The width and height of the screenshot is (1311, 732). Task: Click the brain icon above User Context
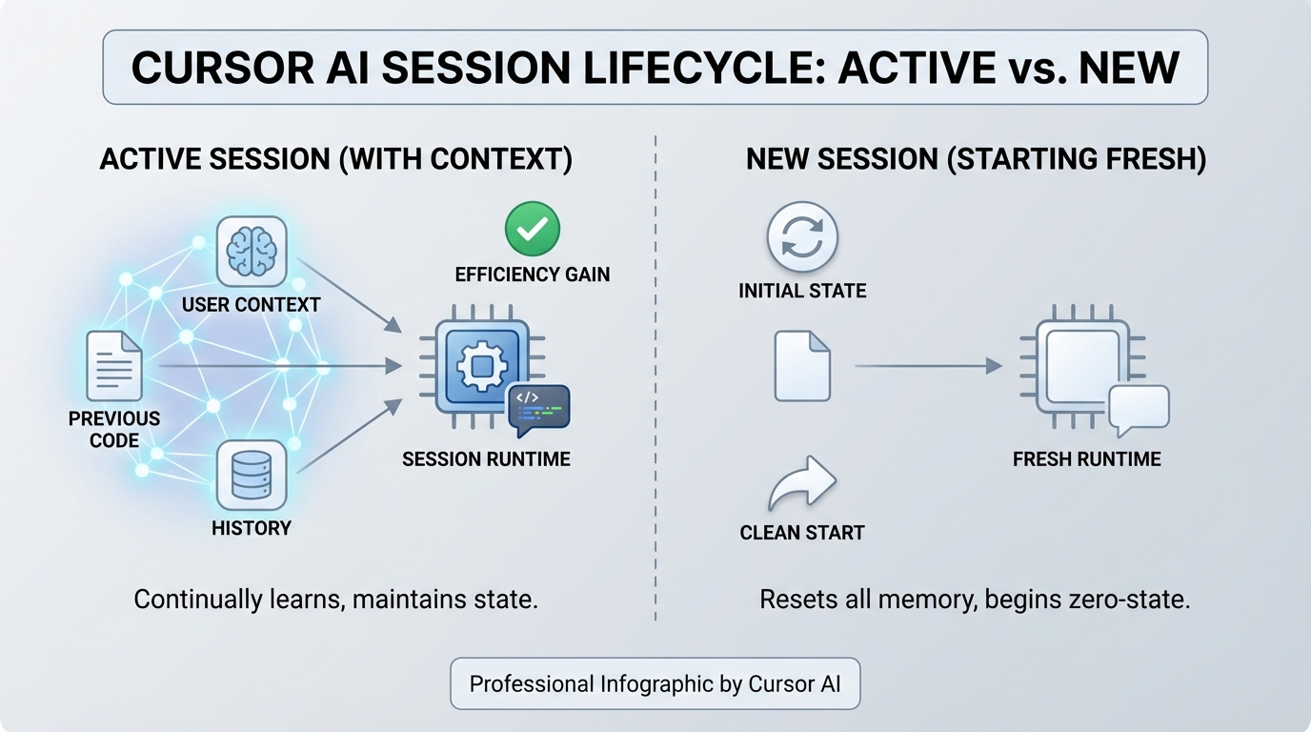(252, 251)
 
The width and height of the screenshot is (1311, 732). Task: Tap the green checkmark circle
(532, 229)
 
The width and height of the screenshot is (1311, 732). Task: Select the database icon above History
(252, 474)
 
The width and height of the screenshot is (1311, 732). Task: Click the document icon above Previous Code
(114, 366)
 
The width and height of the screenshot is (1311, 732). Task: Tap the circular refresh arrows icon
(802, 237)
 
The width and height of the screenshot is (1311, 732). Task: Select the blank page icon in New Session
(802, 366)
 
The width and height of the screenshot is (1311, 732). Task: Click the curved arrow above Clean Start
(802, 485)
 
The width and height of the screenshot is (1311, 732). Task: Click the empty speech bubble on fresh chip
(1139, 407)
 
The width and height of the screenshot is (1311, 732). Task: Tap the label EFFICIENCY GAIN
(532, 275)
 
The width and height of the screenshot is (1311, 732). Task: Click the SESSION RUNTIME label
(486, 459)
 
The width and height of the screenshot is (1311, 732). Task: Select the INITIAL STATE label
(802, 291)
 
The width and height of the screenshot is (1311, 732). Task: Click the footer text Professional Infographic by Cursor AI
(655, 683)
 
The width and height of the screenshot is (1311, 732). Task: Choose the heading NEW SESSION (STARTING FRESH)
(976, 159)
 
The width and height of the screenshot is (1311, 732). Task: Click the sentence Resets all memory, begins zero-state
(975, 600)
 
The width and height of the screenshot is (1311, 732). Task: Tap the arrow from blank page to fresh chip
(928, 366)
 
